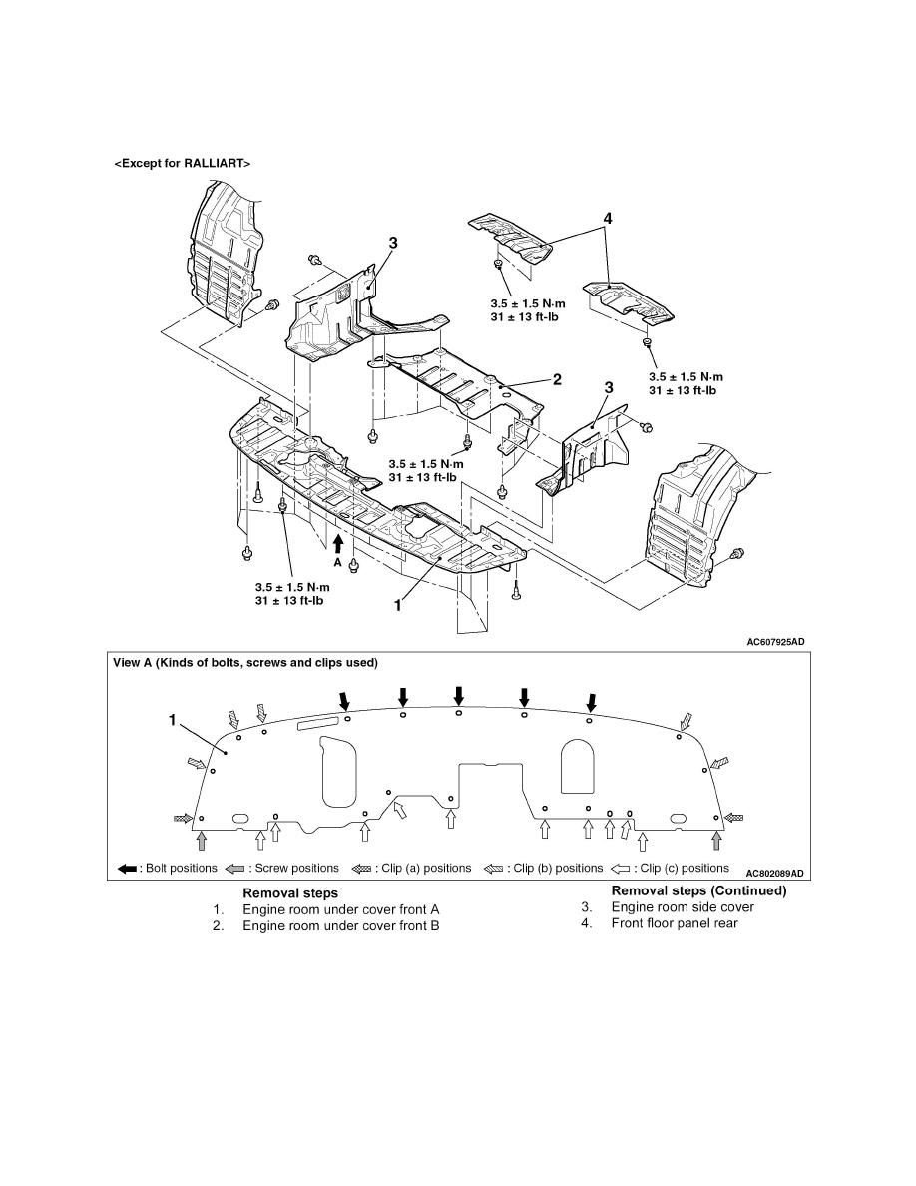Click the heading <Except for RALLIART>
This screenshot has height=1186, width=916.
tap(181, 162)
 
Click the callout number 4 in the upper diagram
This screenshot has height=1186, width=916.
tap(607, 217)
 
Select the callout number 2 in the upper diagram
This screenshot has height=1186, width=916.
tap(557, 379)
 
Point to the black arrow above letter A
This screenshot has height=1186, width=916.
tap(338, 543)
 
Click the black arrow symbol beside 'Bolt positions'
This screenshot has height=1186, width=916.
tap(127, 869)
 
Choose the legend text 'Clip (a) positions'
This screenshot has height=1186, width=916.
tap(424, 869)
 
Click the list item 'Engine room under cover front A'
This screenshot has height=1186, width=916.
tap(340, 909)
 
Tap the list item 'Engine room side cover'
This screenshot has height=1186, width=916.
tap(683, 907)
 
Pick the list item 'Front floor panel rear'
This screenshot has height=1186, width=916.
tap(675, 923)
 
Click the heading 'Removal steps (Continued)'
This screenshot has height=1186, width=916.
tap(698, 890)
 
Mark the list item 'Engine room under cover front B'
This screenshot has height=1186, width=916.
tap(340, 925)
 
